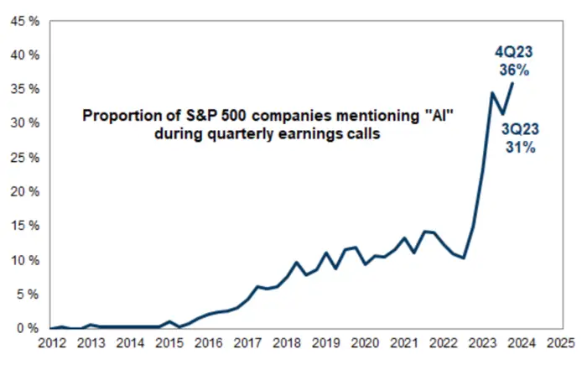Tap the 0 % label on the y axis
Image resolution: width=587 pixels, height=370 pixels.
(x=24, y=328)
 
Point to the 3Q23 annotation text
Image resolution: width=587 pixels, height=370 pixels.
(x=520, y=129)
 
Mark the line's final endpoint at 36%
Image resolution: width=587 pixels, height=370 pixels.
(x=512, y=82)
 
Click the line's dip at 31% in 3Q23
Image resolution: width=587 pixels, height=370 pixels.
(x=502, y=114)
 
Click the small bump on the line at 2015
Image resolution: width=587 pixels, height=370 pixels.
(x=169, y=321)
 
